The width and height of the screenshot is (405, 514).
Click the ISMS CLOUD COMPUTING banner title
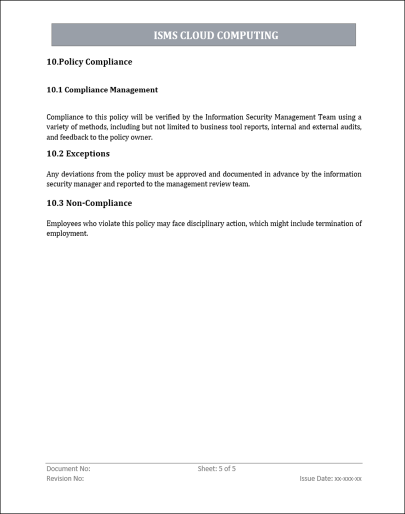[x=215, y=35]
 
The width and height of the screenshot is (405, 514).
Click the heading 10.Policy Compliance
[x=89, y=62]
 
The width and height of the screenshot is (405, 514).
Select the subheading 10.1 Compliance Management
[x=102, y=90]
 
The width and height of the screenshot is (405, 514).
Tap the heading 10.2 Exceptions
[x=78, y=153]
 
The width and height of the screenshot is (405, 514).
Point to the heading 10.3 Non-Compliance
[x=89, y=203]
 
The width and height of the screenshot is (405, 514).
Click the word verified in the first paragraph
[x=163, y=117]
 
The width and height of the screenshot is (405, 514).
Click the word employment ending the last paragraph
[x=66, y=233]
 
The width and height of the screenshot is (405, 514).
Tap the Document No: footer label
[x=68, y=469]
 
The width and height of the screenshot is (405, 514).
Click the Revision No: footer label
[x=65, y=478]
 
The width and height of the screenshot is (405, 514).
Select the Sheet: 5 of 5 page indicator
[x=216, y=469]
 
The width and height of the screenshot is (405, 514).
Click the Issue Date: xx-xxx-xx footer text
[x=330, y=478]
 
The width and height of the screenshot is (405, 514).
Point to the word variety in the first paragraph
[x=57, y=127]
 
